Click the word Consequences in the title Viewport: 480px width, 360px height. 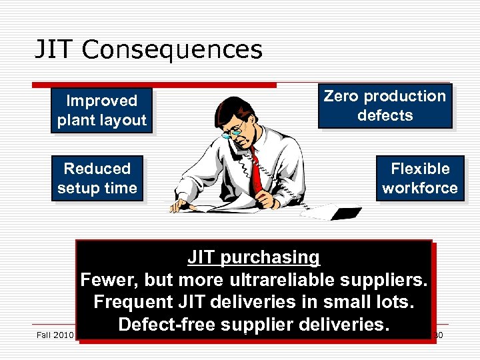click(x=173, y=49)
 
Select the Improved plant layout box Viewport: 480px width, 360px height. click(x=101, y=111)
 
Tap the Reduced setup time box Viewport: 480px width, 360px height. click(x=97, y=179)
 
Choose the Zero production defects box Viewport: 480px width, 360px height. click(x=385, y=105)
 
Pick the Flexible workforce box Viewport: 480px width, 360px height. click(x=420, y=179)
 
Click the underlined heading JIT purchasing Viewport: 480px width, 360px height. click(x=253, y=257)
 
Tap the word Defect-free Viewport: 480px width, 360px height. click(x=159, y=325)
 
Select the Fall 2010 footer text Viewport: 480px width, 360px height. click(x=55, y=334)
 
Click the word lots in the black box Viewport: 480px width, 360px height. click(x=393, y=302)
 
